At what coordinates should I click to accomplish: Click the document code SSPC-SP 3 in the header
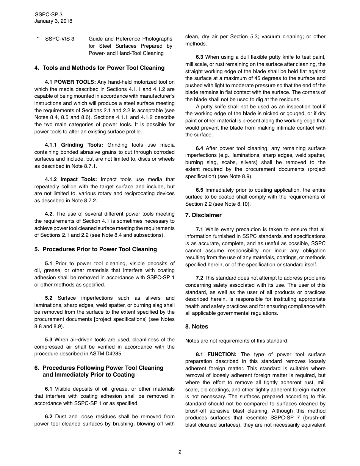coord(49,15)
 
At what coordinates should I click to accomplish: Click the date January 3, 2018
coord(53,21)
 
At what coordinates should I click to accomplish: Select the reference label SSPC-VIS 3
coord(60,39)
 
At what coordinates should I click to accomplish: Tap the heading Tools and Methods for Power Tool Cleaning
coord(103,68)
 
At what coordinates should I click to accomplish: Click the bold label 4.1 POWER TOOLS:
coord(70,82)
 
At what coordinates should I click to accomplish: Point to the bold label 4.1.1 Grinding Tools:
coord(74,145)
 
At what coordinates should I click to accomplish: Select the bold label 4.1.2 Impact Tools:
coord(71,179)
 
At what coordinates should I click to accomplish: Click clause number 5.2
coord(49,298)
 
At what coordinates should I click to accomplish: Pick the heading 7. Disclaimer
coord(203,215)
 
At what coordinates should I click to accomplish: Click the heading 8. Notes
coord(197,327)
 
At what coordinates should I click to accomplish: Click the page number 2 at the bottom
coord(180,452)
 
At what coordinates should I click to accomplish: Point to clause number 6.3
coord(199,57)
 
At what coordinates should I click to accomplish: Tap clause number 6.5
coord(199,190)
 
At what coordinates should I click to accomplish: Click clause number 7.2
coord(199,278)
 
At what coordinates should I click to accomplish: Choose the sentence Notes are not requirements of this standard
coord(237,341)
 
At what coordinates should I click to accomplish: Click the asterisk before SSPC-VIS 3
coord(38,39)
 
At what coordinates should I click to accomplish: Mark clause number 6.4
coord(199,149)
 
